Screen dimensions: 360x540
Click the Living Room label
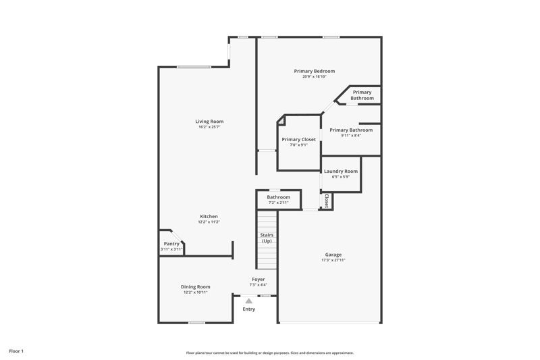pyautogui.click(x=211, y=122)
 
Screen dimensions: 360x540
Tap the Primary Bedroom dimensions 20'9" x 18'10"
pyautogui.click(x=314, y=76)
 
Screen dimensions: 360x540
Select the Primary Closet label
pyautogui.click(x=298, y=139)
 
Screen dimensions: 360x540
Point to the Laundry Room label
pyautogui.click(x=341, y=172)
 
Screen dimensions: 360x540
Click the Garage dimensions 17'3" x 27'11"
pyautogui.click(x=333, y=260)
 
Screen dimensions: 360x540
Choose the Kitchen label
pyautogui.click(x=209, y=216)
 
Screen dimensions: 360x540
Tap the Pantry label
pyautogui.click(x=171, y=244)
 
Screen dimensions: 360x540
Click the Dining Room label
pyautogui.click(x=195, y=286)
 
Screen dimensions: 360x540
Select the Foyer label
pyautogui.click(x=259, y=279)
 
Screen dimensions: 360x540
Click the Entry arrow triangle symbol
pyautogui.click(x=248, y=301)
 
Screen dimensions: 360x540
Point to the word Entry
pyautogui.click(x=249, y=309)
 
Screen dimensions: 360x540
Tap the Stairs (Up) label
pyautogui.click(x=267, y=238)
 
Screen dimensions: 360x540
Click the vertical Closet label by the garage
pyautogui.click(x=327, y=201)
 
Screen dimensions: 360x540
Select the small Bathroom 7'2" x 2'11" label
pyautogui.click(x=278, y=197)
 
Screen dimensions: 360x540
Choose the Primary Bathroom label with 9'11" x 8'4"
pyautogui.click(x=351, y=130)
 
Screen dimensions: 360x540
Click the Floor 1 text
pyautogui.click(x=16, y=351)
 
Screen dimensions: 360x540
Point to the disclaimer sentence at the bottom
pyautogui.click(x=269, y=353)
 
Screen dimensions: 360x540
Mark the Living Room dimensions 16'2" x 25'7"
pyautogui.click(x=211, y=127)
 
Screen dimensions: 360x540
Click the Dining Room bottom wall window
pyautogui.click(x=196, y=322)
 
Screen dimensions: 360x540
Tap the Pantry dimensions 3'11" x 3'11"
pyautogui.click(x=171, y=249)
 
